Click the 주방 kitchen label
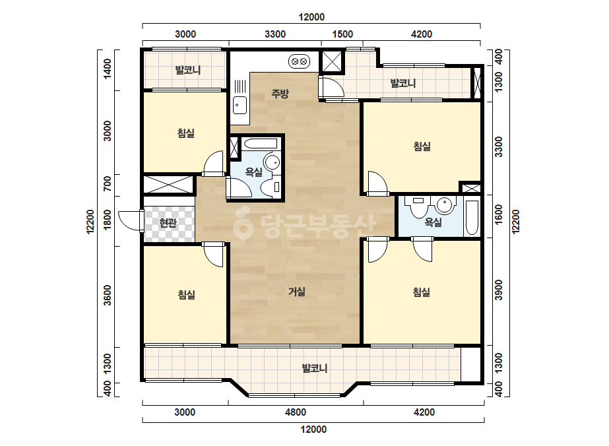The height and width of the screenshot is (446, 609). tap(280, 94)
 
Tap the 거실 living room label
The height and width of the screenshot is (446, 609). tap(297, 292)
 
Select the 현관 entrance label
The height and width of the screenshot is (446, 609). tap(168, 223)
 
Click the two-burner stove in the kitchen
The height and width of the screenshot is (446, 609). tap(299, 61)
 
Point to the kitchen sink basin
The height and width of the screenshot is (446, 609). tap(240, 105)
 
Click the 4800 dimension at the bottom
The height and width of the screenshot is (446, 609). tap(296, 412)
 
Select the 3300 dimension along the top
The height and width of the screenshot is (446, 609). tap(275, 34)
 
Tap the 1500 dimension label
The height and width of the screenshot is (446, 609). tap(342, 34)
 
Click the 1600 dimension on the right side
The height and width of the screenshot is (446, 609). tap(499, 214)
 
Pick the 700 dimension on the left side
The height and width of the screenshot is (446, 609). tap(107, 183)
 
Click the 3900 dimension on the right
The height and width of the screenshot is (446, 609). tap(499, 290)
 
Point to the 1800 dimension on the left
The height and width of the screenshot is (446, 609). tap(107, 220)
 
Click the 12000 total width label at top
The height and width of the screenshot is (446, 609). tap(311, 17)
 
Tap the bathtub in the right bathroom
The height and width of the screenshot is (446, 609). tap(472, 218)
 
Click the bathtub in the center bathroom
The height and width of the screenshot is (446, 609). tap(260, 144)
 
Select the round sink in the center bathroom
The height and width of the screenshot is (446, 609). tap(272, 162)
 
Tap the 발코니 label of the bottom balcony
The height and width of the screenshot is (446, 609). tap(315, 368)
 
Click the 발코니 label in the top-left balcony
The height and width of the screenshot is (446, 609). tap(188, 71)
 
